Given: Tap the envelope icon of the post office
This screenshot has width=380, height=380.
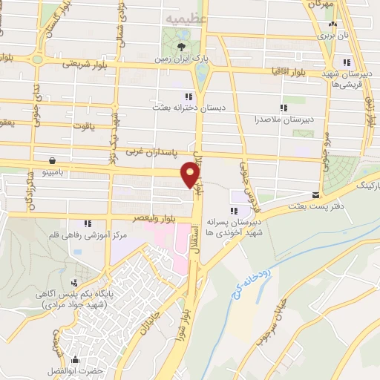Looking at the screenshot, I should click(x=317, y=195).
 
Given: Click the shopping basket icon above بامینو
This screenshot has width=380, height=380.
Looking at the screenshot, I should click(x=52, y=160).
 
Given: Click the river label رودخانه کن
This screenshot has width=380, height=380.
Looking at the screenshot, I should click(x=280, y=276).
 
